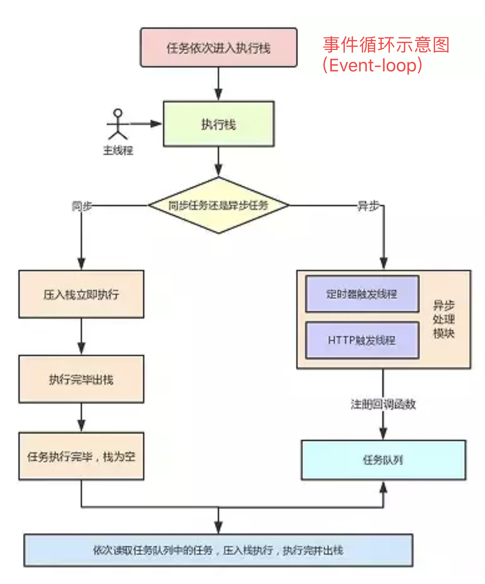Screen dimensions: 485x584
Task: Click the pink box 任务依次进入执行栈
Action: pos(219,47)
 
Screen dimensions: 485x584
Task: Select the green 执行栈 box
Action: pos(219,124)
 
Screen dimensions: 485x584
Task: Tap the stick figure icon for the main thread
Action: pos(118,124)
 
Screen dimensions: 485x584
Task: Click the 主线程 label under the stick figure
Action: pos(118,150)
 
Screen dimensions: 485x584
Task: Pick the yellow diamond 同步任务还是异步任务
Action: pos(219,205)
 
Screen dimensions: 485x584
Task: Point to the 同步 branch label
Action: pos(82,206)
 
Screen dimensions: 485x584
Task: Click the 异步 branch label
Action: pos(368,206)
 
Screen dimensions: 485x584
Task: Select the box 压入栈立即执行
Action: pos(81,294)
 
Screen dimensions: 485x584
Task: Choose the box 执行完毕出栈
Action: pos(81,379)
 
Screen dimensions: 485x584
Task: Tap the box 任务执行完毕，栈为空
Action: pos(81,456)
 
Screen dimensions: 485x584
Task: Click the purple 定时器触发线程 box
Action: pos(362,294)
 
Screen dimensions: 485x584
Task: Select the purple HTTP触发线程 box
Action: pos(362,340)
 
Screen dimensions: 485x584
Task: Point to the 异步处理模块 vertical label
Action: pos(444,319)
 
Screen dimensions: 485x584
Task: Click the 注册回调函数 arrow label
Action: pos(383,404)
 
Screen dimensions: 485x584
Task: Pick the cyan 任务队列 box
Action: pos(383,460)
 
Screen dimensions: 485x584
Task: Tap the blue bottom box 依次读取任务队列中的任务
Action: pos(219,550)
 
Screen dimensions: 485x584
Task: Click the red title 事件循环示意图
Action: pos(386,45)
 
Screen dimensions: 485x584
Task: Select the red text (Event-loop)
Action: pos(372,65)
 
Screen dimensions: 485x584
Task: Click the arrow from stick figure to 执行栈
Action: pos(145,124)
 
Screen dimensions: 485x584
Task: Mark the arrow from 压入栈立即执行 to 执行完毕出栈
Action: pos(81,336)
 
